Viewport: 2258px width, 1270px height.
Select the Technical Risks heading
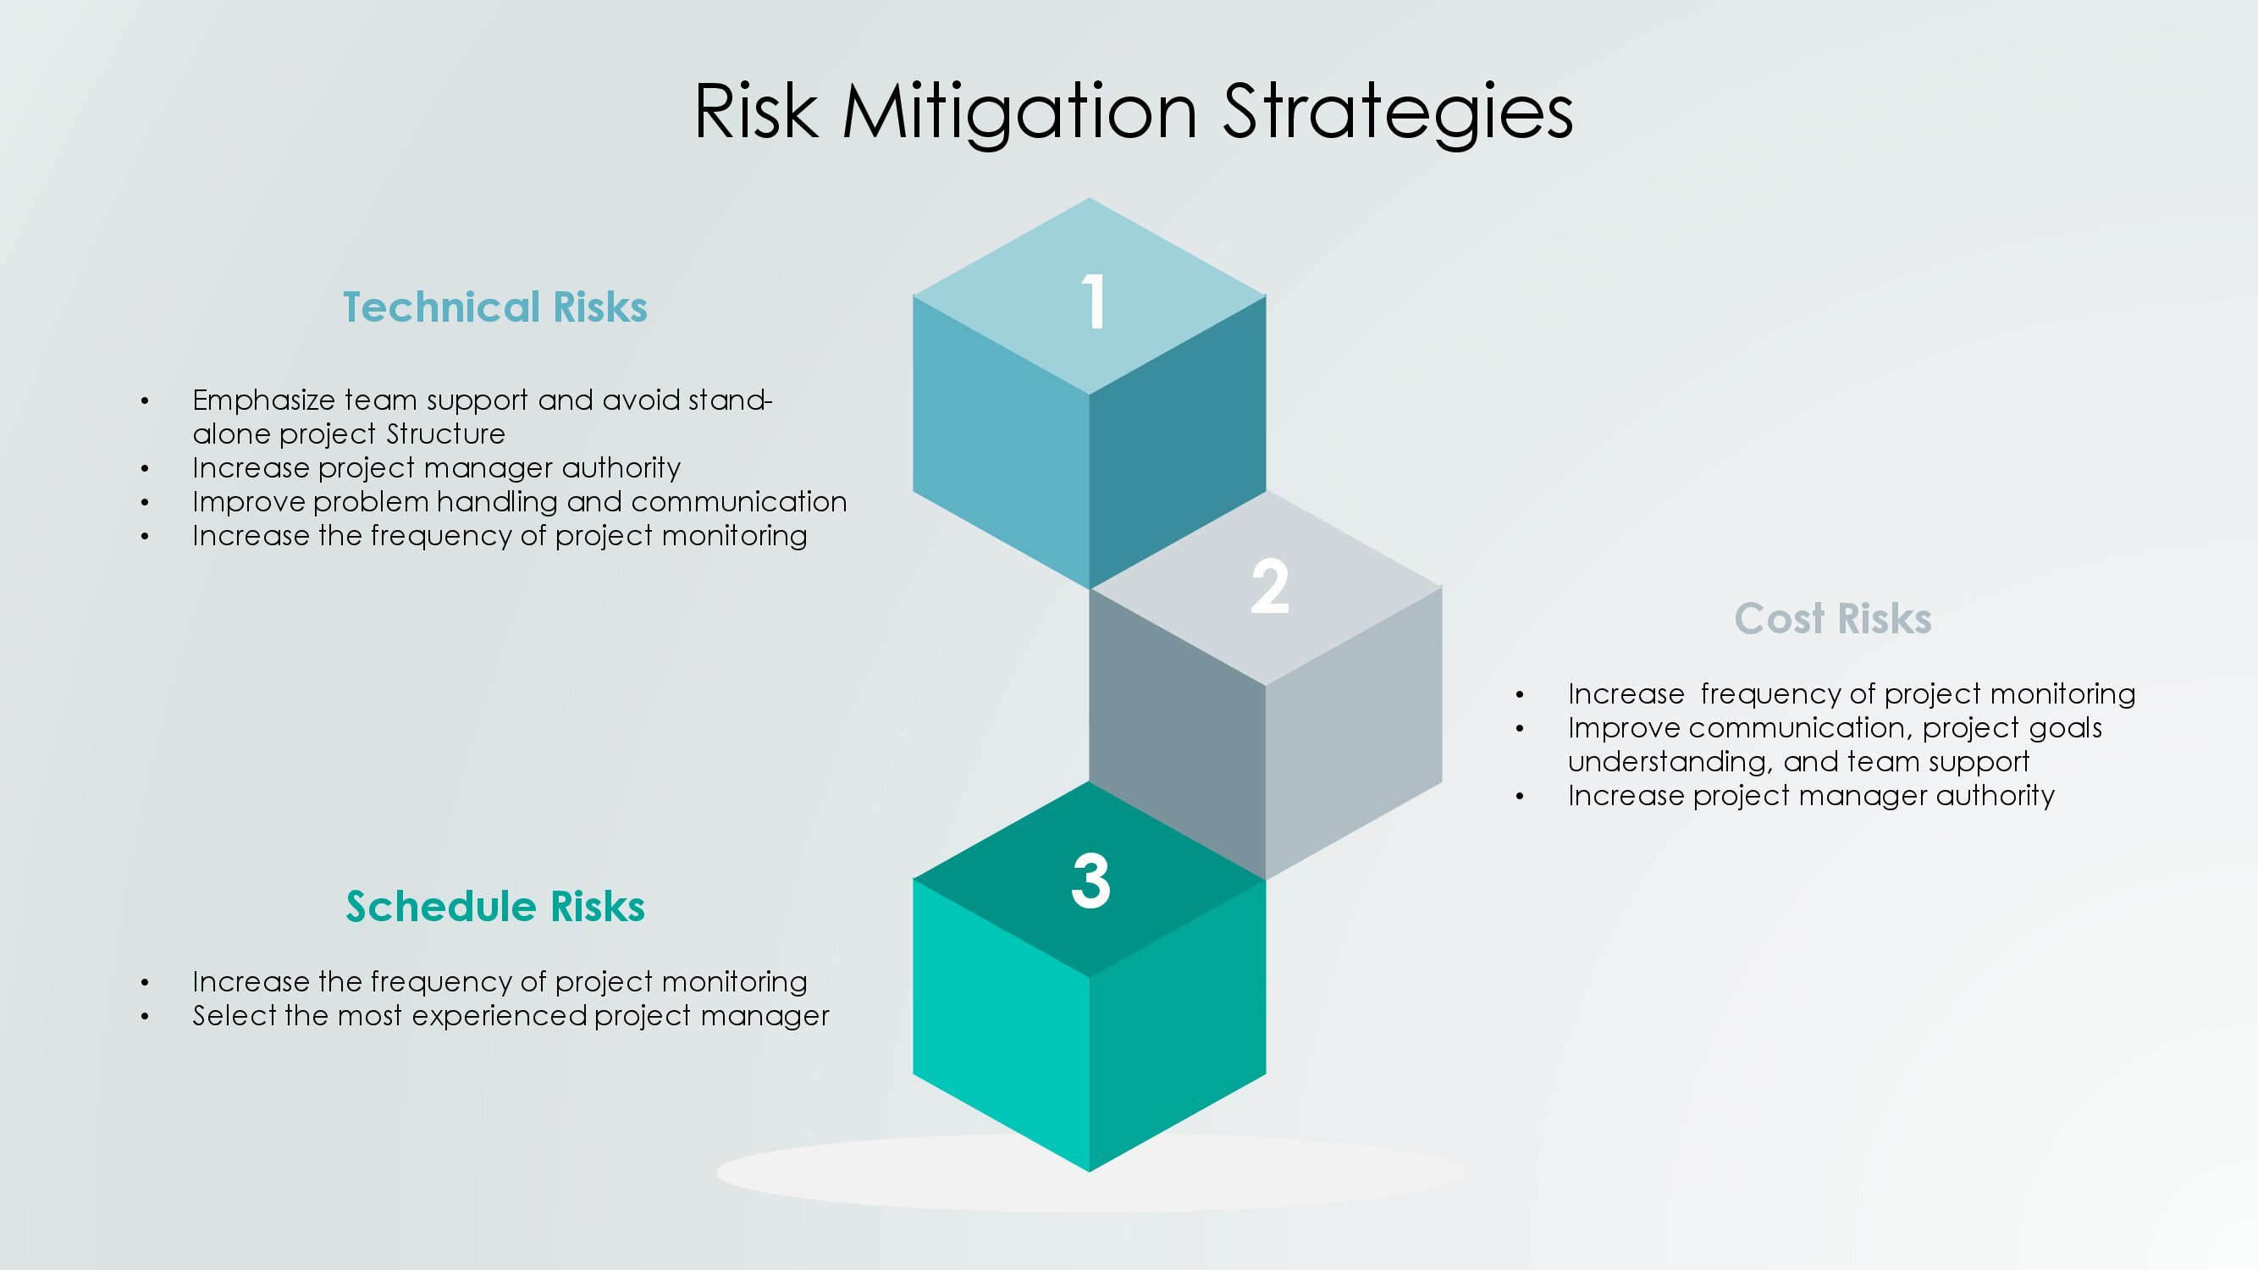(x=495, y=306)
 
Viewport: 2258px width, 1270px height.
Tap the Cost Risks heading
(x=1833, y=618)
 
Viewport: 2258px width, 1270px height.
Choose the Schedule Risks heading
(x=495, y=906)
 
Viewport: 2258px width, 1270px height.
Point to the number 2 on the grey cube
(x=1269, y=586)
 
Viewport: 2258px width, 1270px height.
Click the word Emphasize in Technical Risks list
(x=264, y=401)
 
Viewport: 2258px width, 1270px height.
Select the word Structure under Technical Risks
(x=446, y=433)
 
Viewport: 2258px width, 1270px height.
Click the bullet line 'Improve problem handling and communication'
(x=520, y=502)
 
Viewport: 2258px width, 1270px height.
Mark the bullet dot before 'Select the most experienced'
(x=145, y=1017)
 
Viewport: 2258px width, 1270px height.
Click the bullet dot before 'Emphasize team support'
(x=145, y=401)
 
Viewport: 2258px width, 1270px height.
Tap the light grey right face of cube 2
(x=1355, y=732)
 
